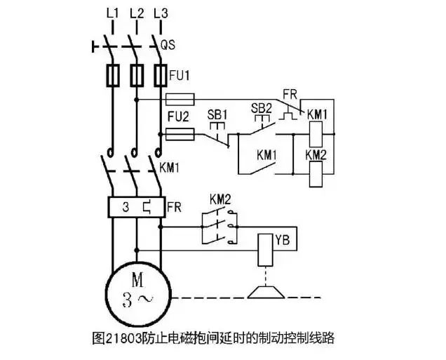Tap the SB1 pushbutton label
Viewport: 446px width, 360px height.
216,114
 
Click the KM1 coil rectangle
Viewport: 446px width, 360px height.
316,133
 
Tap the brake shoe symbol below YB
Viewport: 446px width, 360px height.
264,290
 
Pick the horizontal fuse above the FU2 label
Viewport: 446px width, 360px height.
178,100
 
